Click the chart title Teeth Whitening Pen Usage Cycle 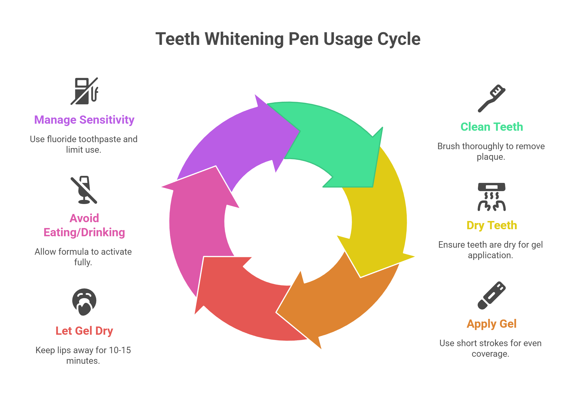[288, 39]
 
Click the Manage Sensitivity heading [84, 120]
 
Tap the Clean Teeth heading [491, 127]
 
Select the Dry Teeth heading [492, 225]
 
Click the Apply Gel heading [491, 324]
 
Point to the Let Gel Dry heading [84, 331]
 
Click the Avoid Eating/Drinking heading [84, 225]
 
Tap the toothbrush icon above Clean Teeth [491, 98]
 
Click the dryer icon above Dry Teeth [491, 197]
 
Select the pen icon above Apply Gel [491, 295]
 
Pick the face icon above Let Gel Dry [84, 302]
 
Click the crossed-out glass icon [84, 190]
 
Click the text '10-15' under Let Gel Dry [120, 350]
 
